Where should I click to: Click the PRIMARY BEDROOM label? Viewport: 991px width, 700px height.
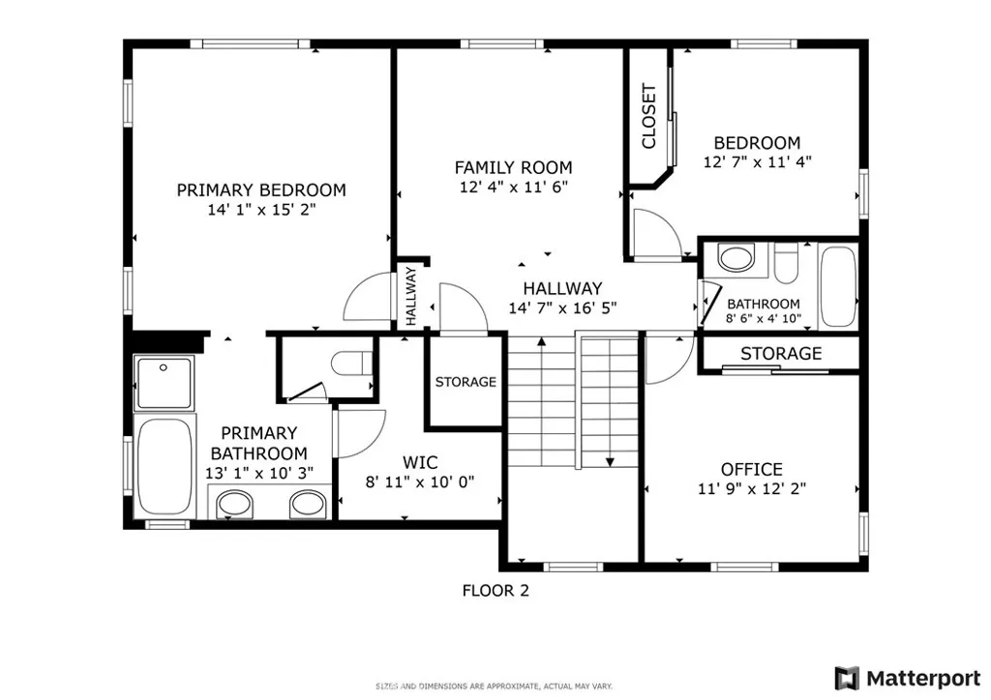click(260, 190)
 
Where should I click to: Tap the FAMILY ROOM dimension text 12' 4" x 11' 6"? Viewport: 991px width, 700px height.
click(513, 188)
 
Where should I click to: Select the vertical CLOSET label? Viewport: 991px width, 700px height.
click(648, 117)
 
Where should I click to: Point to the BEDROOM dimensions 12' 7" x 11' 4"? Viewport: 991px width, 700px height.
click(757, 163)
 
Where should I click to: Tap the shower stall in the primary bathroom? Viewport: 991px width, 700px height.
click(165, 382)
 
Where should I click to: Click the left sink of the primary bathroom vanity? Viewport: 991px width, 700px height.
click(231, 502)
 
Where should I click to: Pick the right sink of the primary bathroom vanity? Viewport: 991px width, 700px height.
click(308, 502)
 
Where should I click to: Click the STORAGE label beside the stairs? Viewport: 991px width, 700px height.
click(465, 382)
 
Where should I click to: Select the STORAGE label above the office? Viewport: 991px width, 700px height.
click(781, 354)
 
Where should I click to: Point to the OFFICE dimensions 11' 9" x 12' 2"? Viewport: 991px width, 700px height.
click(751, 489)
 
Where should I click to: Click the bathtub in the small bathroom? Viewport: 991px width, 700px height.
click(837, 286)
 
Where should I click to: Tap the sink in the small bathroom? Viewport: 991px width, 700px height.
click(736, 258)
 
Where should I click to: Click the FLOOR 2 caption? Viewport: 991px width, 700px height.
click(495, 590)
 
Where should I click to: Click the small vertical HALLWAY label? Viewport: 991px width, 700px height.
click(410, 297)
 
